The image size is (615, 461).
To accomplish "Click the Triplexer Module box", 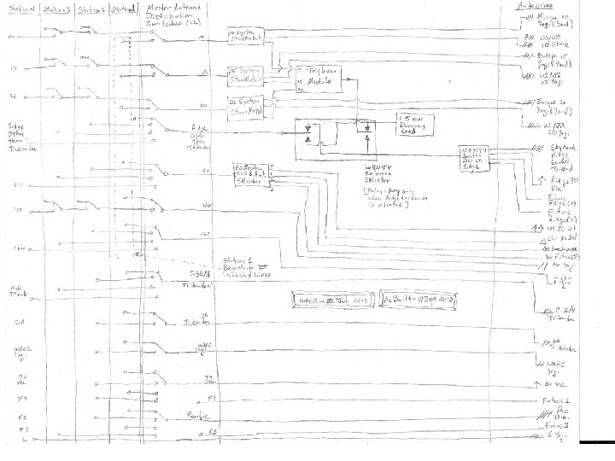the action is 318,76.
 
